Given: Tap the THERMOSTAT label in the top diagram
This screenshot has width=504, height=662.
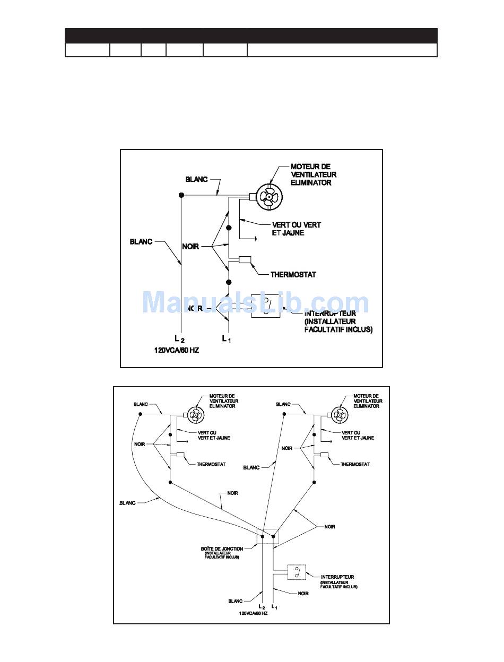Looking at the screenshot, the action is pos(293,275).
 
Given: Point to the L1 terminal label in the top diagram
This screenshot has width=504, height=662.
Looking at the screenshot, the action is pos(226,338).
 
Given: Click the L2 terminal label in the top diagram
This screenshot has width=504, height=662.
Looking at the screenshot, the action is pos(180,338).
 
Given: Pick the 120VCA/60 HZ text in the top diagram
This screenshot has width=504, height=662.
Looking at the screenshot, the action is pos(176,351).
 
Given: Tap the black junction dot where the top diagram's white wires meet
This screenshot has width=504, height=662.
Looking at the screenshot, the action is pos(181,196).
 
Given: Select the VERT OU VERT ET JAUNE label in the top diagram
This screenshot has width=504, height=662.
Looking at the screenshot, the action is pos(296,229).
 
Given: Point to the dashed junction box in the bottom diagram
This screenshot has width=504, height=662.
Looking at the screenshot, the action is pos(267,536).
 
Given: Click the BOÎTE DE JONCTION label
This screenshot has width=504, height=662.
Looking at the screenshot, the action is pos(222,548).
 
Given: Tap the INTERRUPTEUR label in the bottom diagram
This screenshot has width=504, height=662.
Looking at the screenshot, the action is pos(337,577).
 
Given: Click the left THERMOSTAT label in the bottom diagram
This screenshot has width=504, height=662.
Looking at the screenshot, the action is pos(211,464).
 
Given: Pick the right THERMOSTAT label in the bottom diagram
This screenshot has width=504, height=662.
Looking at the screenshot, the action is pos(355,464).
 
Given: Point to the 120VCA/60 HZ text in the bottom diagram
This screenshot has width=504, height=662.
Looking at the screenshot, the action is pos(253,613).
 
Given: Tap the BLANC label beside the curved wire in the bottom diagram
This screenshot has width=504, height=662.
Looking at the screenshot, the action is pos(127,503).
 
